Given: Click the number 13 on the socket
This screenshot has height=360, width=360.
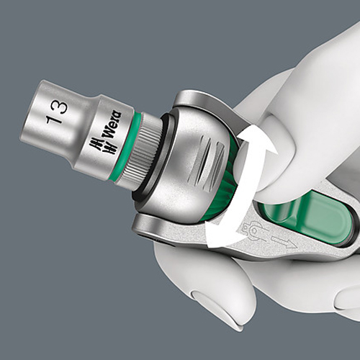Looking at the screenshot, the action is tap(57, 112).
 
